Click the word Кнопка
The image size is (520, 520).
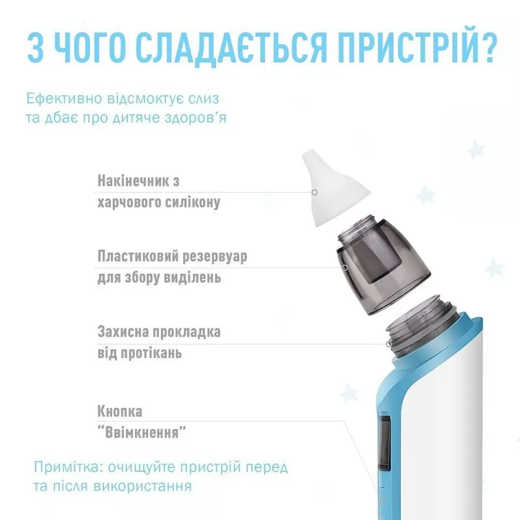click(120, 411)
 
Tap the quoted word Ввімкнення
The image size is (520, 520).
click(142, 432)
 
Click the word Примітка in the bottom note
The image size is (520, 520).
click(67, 466)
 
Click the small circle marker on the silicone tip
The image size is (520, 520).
click(314, 192)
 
